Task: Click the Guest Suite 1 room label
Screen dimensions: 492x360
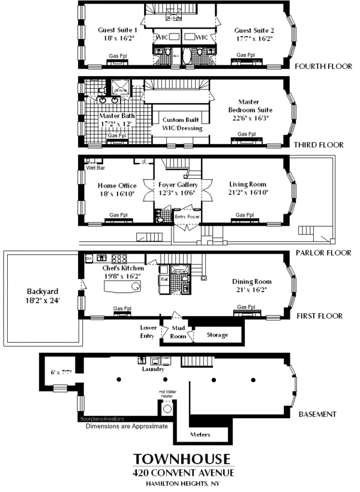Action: pyautogui.click(x=118, y=30)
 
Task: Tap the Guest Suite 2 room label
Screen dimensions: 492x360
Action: pyautogui.click(x=254, y=30)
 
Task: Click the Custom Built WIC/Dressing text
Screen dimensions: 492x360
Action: pyautogui.click(x=182, y=124)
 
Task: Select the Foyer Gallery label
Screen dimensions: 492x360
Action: pyautogui.click(x=179, y=185)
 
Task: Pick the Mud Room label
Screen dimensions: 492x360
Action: pyautogui.click(x=179, y=332)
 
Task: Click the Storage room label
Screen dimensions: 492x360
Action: pyautogui.click(x=217, y=335)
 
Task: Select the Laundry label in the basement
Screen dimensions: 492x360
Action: pyautogui.click(x=154, y=369)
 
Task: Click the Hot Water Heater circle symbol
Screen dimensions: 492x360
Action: pyautogui.click(x=167, y=409)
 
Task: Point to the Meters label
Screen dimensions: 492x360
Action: pyautogui.click(x=200, y=433)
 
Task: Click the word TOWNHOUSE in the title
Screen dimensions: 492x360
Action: pyautogui.click(x=181, y=459)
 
